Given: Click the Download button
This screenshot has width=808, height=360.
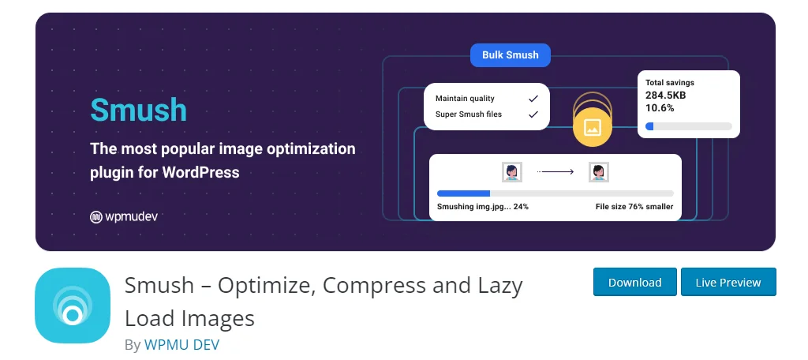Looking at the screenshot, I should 635,282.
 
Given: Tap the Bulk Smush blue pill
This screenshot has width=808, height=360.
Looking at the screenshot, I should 511,55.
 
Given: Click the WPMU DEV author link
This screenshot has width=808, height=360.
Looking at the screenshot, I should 182,345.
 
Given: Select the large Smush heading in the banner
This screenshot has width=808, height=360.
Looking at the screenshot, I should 138,110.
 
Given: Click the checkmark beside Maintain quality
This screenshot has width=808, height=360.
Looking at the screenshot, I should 533,99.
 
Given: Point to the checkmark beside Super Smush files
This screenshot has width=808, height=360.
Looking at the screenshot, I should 533,114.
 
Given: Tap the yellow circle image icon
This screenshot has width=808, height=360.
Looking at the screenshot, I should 593,127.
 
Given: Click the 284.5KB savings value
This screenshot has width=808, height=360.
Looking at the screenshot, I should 665,96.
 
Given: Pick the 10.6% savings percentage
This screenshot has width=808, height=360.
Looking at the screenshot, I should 660,108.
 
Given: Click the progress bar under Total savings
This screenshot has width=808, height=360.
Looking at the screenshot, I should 688,126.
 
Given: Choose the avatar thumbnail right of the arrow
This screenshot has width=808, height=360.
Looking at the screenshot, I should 598,171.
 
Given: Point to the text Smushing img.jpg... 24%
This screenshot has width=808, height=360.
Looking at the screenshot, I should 482,207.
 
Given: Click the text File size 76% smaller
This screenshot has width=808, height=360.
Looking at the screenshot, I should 634,207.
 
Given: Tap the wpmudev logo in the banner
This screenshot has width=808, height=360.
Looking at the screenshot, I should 124,216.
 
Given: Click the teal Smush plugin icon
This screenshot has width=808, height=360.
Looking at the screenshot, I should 73,306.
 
